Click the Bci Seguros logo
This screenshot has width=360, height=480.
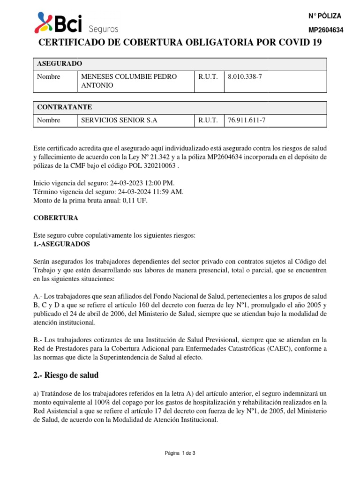(76, 23)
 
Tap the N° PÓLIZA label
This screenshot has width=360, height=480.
(325, 16)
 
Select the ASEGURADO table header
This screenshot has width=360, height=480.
(60, 63)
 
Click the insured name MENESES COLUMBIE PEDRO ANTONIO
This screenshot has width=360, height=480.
(129, 81)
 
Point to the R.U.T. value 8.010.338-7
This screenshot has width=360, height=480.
(245, 77)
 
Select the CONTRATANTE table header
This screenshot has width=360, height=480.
(65, 107)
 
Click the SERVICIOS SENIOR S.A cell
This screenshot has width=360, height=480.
(120, 120)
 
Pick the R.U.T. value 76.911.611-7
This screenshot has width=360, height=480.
(247, 120)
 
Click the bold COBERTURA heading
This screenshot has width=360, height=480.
(56, 218)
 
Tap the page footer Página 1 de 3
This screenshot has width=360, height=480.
(180, 453)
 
